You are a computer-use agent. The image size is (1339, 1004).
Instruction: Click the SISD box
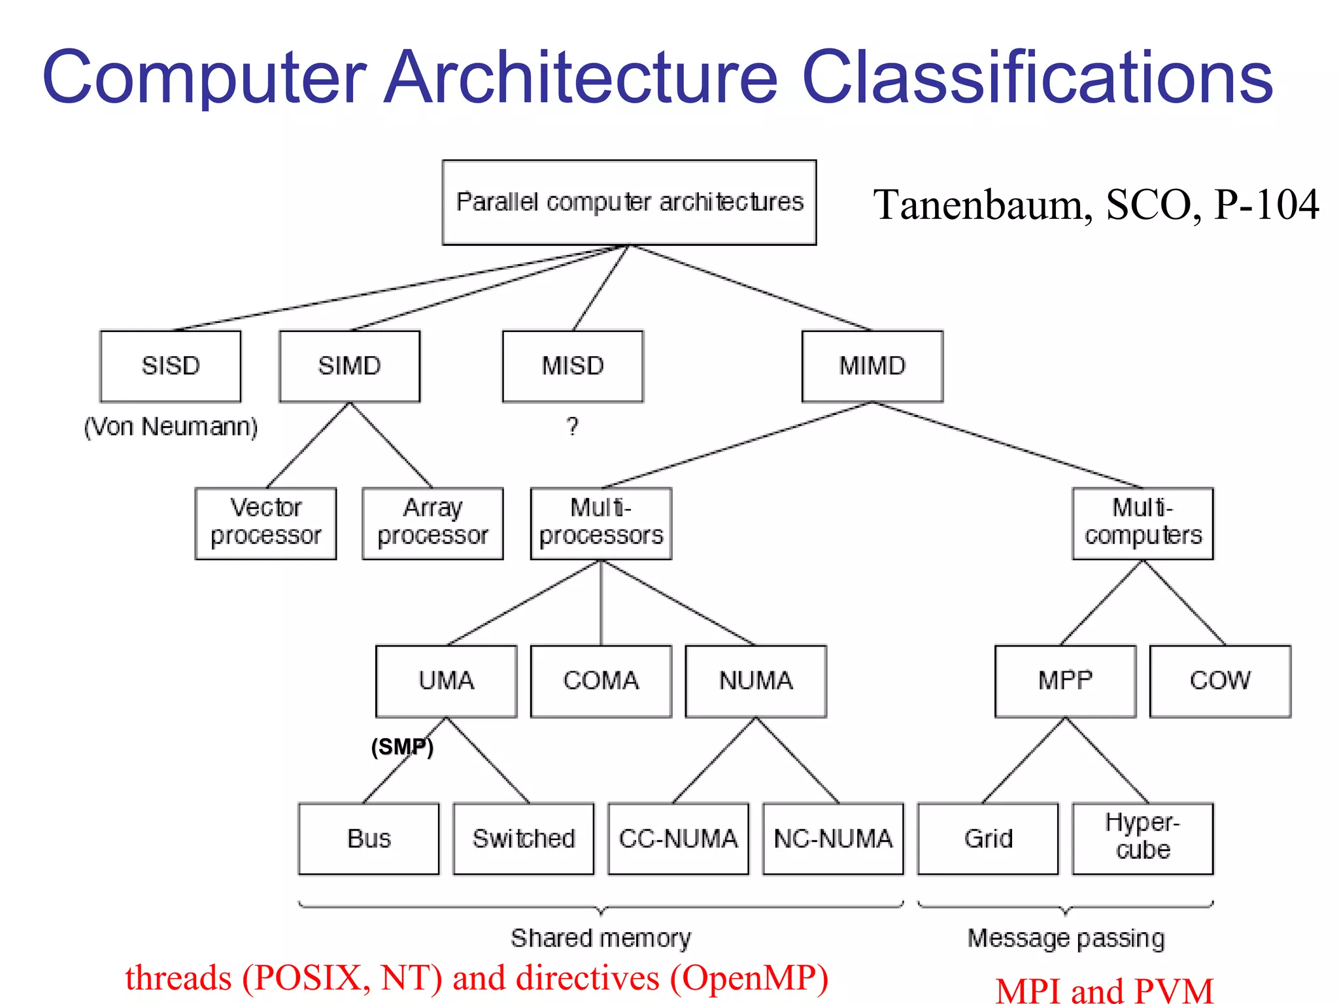pos(170,366)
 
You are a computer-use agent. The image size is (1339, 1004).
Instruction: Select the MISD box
pos(573,366)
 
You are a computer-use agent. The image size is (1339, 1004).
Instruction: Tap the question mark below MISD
pos(573,427)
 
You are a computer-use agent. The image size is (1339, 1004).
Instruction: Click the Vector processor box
pos(265,523)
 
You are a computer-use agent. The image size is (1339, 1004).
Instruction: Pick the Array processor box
pos(433,523)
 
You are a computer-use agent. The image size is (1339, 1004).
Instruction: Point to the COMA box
pos(601,681)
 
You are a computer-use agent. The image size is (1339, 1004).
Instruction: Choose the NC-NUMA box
pos(833,839)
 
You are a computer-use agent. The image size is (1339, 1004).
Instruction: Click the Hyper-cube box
pos(1143,839)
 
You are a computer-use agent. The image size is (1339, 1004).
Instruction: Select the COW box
pos(1220,681)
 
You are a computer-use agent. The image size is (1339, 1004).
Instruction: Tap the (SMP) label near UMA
pos(402,746)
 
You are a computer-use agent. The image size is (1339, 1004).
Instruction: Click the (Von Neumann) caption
pos(171,427)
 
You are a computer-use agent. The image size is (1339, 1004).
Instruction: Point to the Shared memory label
pos(601,938)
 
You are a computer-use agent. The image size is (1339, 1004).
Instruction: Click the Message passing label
pos(1066,938)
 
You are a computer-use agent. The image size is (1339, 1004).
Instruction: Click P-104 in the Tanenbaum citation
pos(1266,205)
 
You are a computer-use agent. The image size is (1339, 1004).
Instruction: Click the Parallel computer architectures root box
pos(629,203)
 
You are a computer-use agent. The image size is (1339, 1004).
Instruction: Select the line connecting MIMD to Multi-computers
pos(1007,445)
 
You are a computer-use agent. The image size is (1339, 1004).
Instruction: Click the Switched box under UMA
pos(524,839)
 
